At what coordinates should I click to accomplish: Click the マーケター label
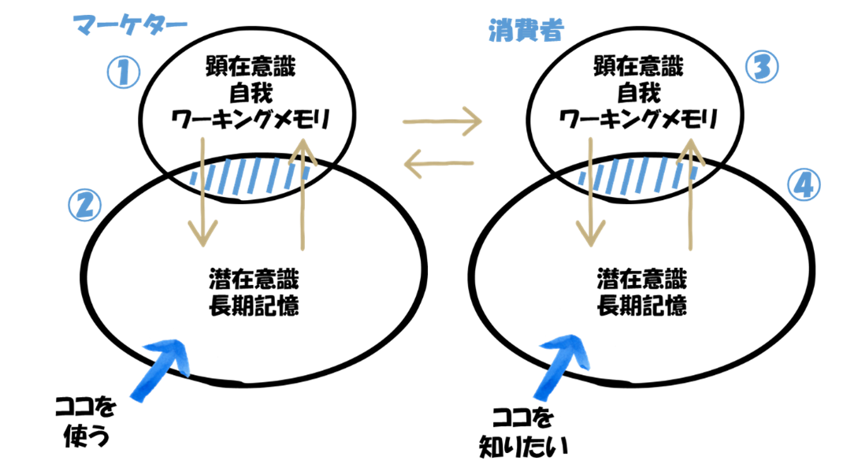[130, 26]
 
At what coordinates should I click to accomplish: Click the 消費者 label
[525, 31]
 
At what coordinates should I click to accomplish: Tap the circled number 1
[123, 73]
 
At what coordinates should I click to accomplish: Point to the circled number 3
[761, 67]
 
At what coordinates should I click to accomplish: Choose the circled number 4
[803, 186]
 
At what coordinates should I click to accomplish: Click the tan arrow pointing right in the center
[441, 121]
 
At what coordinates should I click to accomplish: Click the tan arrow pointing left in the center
[439, 164]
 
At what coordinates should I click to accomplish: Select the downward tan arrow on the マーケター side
[202, 193]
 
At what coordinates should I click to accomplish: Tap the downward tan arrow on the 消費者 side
[590, 193]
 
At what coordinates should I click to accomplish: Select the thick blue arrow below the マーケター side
[162, 369]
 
